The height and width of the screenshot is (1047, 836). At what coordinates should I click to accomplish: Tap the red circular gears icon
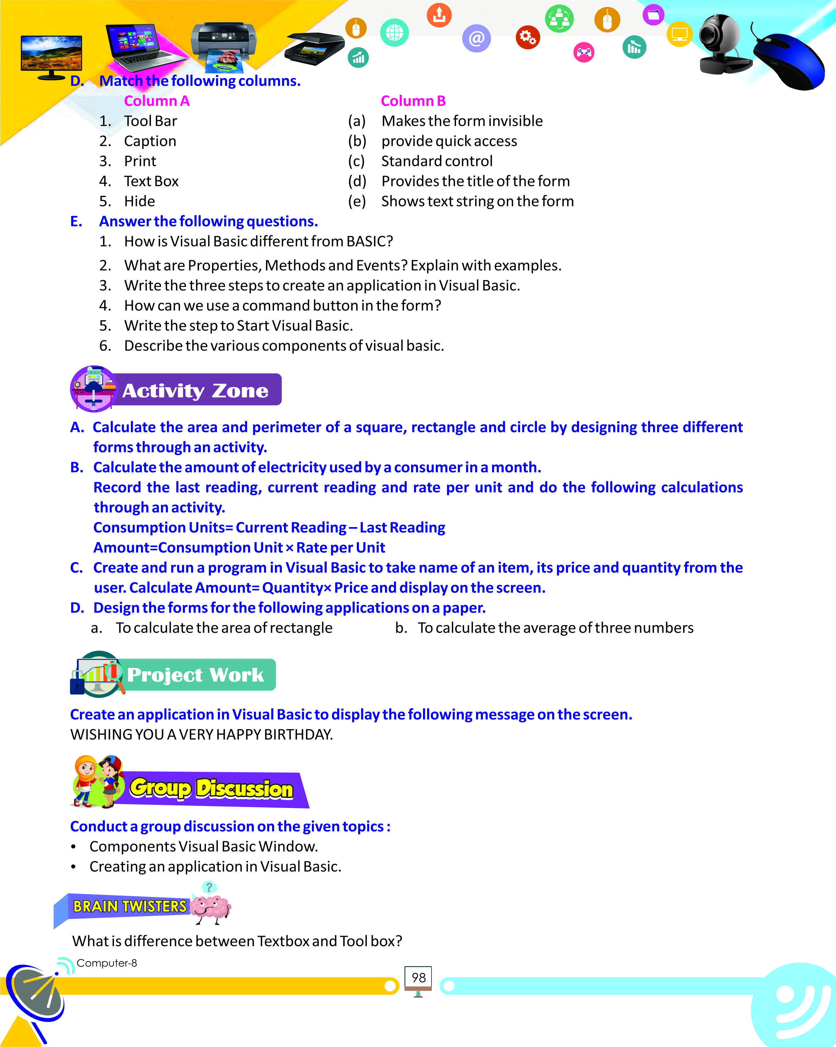click(528, 37)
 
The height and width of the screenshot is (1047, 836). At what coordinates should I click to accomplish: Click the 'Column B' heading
click(413, 101)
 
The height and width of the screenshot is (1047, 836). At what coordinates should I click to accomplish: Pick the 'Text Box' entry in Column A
click(151, 181)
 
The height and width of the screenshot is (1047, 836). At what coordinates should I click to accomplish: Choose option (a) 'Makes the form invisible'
click(462, 121)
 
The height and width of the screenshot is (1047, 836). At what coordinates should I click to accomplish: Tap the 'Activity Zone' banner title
click(195, 391)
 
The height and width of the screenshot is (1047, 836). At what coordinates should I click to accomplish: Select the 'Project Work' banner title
click(195, 675)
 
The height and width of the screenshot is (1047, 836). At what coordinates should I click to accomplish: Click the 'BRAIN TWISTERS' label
click(130, 906)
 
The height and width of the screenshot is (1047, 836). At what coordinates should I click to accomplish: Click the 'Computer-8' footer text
click(107, 963)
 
